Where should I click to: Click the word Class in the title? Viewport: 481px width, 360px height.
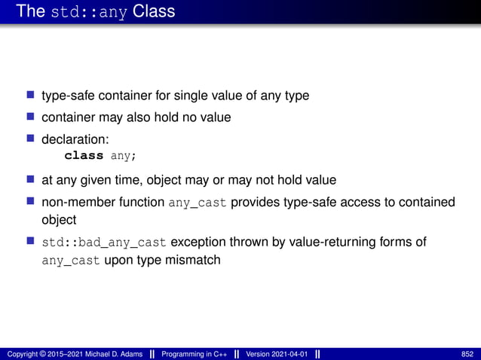(x=154, y=12)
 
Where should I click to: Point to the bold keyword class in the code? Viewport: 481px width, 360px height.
(x=84, y=156)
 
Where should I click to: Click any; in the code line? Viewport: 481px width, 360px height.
(x=124, y=156)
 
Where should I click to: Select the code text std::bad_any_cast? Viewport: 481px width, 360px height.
(x=104, y=243)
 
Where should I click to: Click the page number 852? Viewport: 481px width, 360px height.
(x=467, y=354)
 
